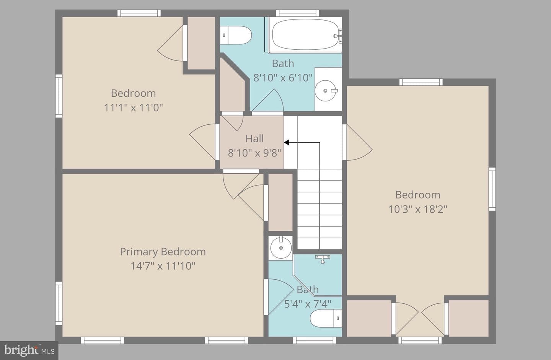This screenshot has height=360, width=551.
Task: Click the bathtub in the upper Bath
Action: tap(305, 35)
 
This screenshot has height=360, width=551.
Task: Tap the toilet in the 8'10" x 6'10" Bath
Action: tap(235, 35)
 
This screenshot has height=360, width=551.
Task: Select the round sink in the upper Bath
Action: tap(325, 91)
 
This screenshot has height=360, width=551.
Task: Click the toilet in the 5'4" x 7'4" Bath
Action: tap(326, 318)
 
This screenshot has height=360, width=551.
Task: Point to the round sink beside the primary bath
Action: tap(281, 248)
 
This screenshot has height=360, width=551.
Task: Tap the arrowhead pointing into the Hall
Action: tap(287, 142)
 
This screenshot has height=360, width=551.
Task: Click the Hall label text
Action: tap(254, 139)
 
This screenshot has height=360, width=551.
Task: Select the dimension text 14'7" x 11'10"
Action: tap(163, 266)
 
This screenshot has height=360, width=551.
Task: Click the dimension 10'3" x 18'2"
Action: tap(418, 209)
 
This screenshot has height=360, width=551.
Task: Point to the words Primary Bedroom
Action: tap(163, 252)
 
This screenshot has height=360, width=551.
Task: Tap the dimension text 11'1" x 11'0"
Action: tap(133, 108)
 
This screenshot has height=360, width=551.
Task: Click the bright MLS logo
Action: tap(29, 350)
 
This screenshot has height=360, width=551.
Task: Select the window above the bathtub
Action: tap(297, 13)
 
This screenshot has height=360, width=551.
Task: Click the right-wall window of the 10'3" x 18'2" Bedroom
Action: tap(492, 189)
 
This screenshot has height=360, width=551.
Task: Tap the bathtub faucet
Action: tap(338, 36)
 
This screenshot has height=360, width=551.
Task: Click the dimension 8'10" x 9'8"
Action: tap(254, 153)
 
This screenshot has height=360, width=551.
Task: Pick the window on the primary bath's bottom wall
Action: tap(315, 340)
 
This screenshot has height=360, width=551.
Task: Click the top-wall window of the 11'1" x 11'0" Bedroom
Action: tap(139, 13)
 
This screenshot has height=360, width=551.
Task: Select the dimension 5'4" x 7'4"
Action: tap(308, 304)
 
